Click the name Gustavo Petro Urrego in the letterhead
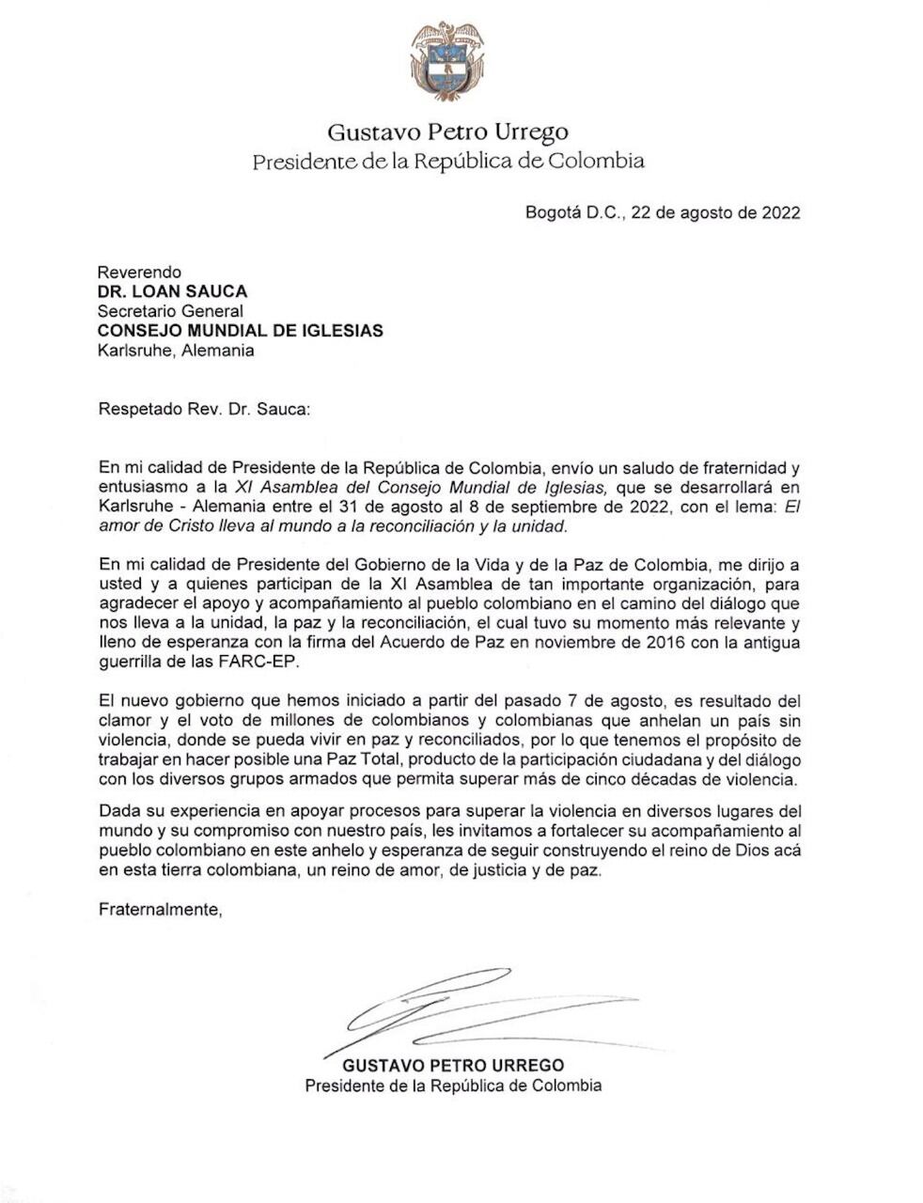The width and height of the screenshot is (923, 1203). tap(447, 132)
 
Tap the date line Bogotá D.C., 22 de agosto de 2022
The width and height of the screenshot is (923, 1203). tap(663, 212)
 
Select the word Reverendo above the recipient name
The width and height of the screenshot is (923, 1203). tap(140, 273)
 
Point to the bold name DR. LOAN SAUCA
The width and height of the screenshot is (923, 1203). tap(172, 291)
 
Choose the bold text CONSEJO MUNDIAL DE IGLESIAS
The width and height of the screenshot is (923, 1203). tap(240, 331)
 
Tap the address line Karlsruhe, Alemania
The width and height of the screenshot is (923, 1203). tap(176, 351)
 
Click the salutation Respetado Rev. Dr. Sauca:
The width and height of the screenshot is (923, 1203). tap(203, 410)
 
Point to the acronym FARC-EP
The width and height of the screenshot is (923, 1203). tap(280, 662)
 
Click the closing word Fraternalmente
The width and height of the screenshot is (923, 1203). tap(159, 910)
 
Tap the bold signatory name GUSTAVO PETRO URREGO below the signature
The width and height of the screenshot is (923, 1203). tap(453, 1065)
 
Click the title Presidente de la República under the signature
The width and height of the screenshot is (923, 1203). tap(453, 1086)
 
